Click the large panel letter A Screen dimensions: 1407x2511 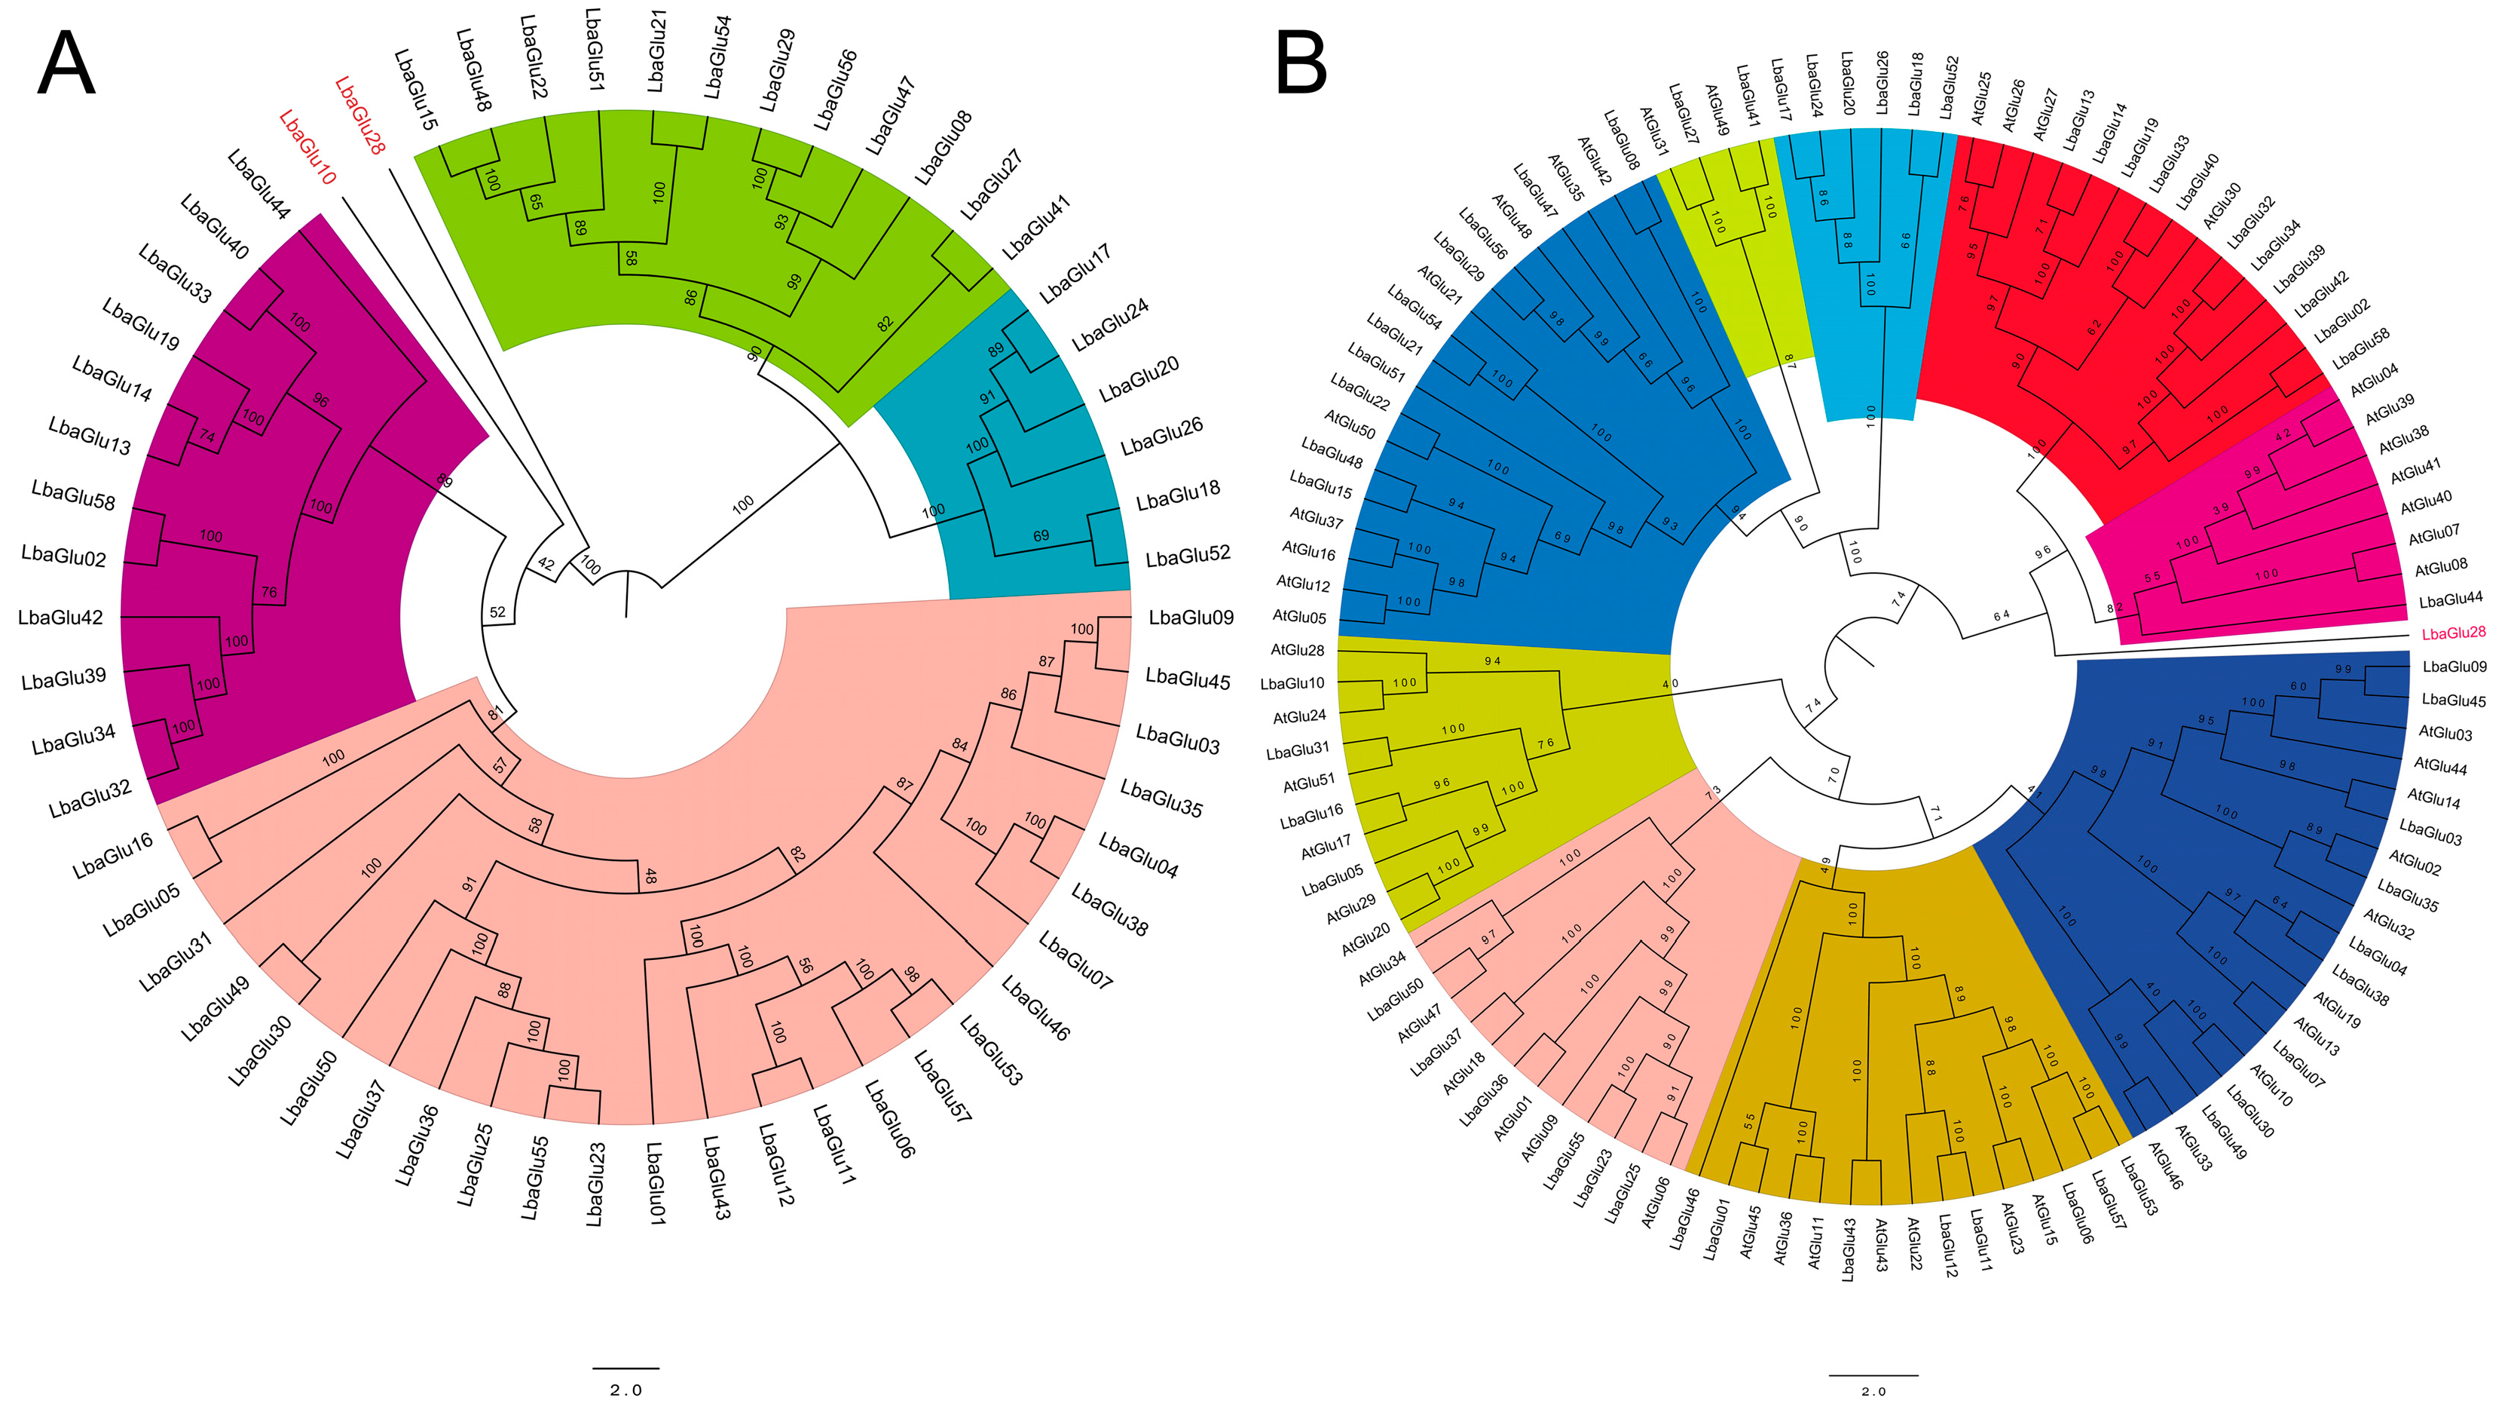(66, 63)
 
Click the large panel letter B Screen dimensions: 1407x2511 (1301, 63)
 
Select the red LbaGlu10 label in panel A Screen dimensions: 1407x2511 (307, 147)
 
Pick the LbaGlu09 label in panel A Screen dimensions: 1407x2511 (1191, 618)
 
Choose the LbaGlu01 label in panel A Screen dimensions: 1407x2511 (655, 1183)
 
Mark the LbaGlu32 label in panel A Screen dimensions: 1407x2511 (90, 799)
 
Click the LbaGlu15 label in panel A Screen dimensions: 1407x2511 (416, 90)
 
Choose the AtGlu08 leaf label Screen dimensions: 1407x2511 (2441, 566)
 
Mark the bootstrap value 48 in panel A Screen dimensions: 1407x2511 (649, 878)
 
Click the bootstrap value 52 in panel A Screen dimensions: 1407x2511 (497, 612)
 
